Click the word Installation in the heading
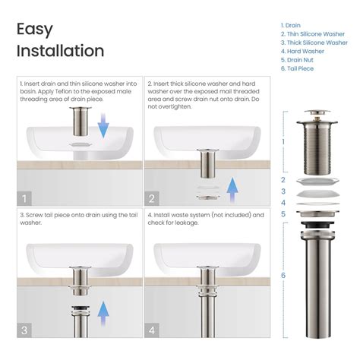pyautogui.click(x=60, y=51)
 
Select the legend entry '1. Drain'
pyautogui.click(x=291, y=25)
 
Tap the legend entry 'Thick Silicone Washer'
pyautogui.click(x=310, y=43)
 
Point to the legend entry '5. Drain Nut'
pyautogui.click(x=298, y=59)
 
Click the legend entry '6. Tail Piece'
pyautogui.click(x=297, y=68)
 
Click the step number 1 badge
pyautogui.click(x=25, y=198)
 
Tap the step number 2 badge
pyautogui.click(x=153, y=198)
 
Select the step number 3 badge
pyautogui.click(x=25, y=330)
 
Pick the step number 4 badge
pyautogui.click(x=153, y=330)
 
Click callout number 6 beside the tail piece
pyautogui.click(x=283, y=275)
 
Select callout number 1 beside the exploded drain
pyautogui.click(x=283, y=141)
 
